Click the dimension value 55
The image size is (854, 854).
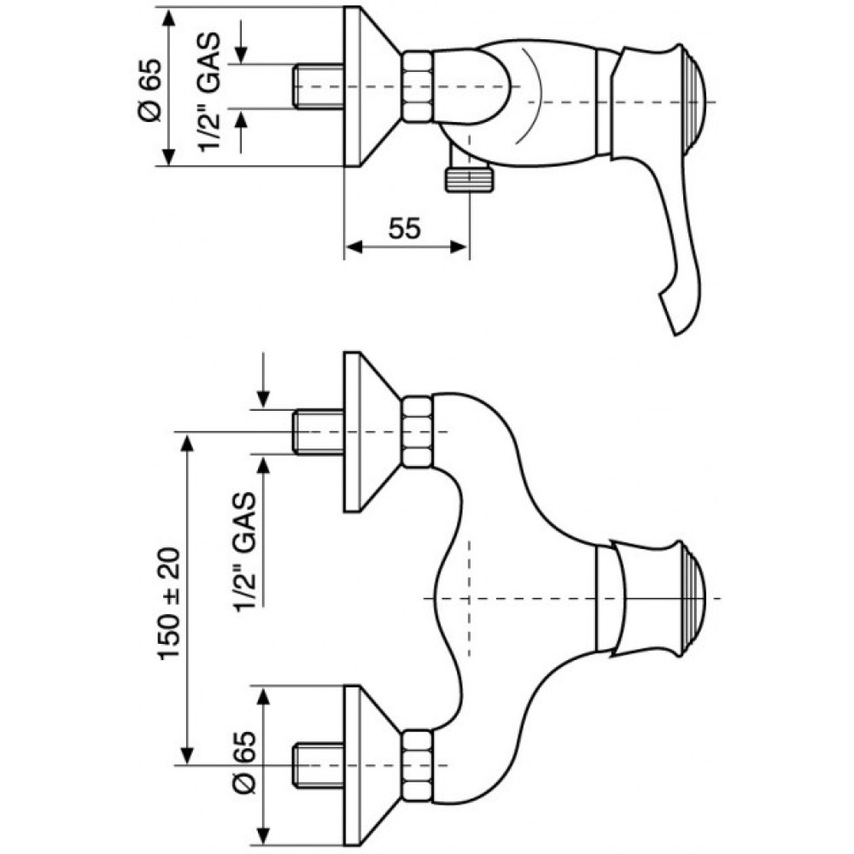[405, 228]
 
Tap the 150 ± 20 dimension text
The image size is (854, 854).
[169, 604]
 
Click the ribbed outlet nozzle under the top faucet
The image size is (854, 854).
[471, 179]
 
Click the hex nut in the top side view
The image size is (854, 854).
[418, 86]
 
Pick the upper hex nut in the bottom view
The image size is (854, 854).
[418, 432]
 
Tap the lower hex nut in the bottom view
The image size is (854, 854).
[418, 766]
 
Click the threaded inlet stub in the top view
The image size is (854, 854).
[318, 86]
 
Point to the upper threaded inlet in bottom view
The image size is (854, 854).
[318, 432]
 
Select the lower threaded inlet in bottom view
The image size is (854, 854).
[318, 765]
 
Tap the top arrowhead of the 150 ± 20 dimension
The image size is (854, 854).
[187, 442]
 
